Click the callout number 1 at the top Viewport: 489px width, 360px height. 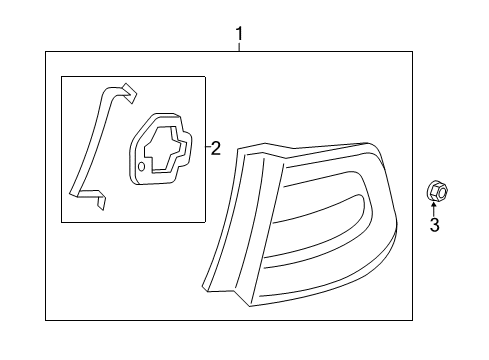click(x=239, y=36)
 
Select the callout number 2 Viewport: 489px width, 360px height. click(x=216, y=148)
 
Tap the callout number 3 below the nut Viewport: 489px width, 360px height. click(x=434, y=226)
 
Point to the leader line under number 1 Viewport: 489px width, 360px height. click(x=239, y=47)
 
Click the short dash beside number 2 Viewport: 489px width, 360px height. click(x=207, y=148)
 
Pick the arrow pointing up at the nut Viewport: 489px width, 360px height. click(x=434, y=208)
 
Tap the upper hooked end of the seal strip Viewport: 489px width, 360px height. click(x=126, y=91)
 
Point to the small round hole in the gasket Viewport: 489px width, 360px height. click(x=140, y=168)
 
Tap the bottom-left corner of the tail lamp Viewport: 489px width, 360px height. click(x=207, y=286)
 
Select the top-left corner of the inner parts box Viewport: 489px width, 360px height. click(x=62, y=76)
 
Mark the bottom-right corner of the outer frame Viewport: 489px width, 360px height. click(x=412, y=319)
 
